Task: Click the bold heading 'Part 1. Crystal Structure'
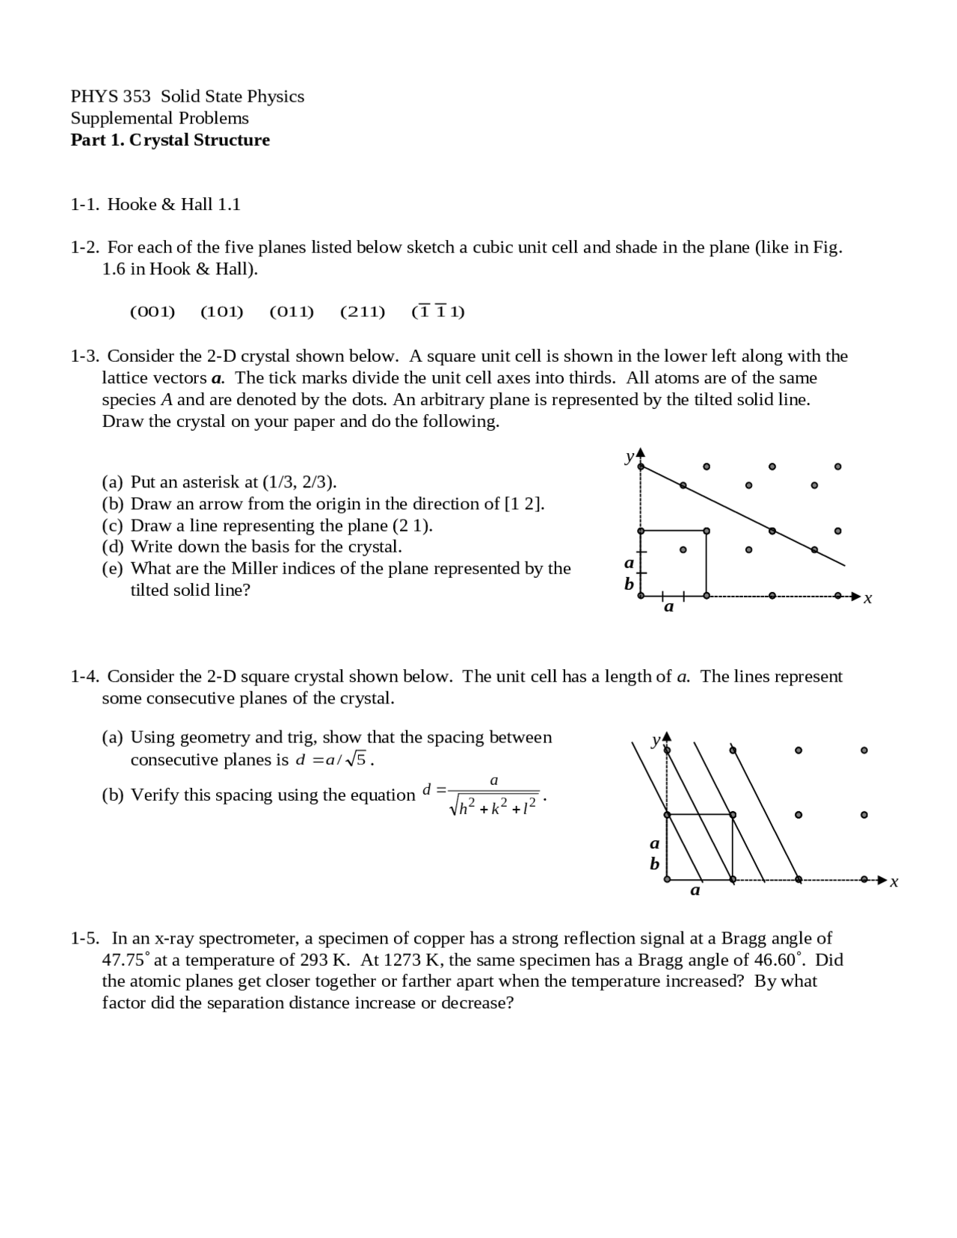tap(170, 140)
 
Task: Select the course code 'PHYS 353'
tap(110, 96)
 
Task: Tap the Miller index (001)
tap(152, 312)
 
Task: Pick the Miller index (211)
tap(363, 312)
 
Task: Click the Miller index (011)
tap(292, 312)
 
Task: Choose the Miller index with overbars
tap(438, 312)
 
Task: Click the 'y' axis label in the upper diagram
tap(630, 456)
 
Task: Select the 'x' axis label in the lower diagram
tap(894, 882)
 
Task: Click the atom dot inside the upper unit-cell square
tap(683, 550)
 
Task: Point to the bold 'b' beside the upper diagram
tap(630, 583)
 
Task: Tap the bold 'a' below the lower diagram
tap(695, 890)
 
